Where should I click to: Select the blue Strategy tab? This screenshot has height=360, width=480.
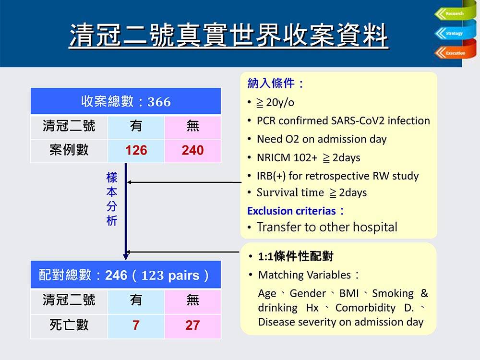455,33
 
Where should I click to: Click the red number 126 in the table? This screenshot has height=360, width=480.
136,150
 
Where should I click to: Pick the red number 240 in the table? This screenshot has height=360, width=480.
192,150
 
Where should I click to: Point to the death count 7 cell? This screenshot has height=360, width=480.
136,325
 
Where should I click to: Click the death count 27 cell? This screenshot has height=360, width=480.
192,325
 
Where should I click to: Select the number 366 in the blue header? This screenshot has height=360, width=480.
159,102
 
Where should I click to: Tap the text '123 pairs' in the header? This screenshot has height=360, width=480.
170,275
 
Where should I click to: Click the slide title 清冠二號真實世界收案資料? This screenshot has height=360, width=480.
228,36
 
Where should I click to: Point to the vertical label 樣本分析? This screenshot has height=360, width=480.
112,199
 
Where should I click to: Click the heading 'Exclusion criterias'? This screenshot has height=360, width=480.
291,211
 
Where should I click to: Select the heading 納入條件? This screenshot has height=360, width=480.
271,83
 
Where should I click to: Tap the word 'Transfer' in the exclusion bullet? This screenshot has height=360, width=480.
278,227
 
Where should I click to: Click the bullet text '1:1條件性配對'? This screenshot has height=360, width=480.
296,256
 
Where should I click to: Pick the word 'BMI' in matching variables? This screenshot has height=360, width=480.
349,293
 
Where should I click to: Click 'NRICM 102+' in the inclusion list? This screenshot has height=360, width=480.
287,157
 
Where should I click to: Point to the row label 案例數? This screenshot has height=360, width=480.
69,150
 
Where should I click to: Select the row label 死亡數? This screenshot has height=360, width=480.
69,325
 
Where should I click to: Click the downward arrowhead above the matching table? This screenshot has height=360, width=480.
125,256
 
